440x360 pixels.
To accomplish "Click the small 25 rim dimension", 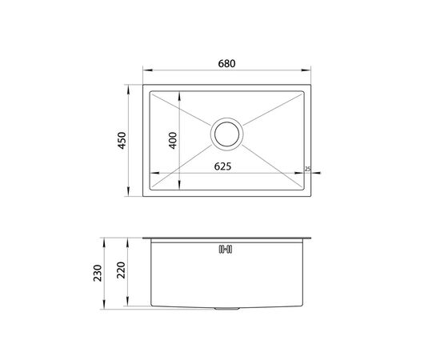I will [x=307, y=169].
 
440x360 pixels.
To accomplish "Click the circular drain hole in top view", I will [x=226, y=134].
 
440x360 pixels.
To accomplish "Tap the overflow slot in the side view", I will [x=226, y=248].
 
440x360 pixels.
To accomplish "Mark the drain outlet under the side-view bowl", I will [x=226, y=309].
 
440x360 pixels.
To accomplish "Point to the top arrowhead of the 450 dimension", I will [x=130, y=82].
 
